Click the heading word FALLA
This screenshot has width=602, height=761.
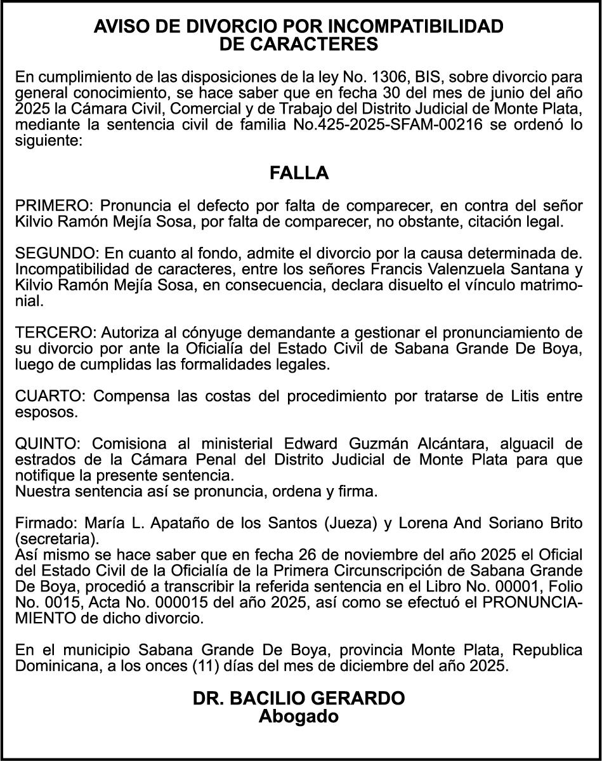click(299, 173)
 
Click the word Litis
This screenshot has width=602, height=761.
click(528, 396)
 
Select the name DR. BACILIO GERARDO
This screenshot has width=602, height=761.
click(299, 699)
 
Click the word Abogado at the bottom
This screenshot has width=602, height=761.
click(299, 717)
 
